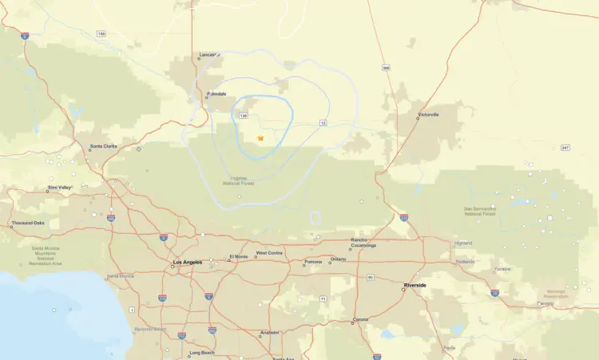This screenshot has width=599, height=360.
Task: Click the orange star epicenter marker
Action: pyautogui.click(x=260, y=138)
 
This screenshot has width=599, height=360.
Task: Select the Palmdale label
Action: pyautogui.click(x=216, y=93)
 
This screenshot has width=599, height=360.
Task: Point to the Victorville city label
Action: pyautogui.click(x=428, y=114)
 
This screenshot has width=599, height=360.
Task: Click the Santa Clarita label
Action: pyautogui.click(x=103, y=146)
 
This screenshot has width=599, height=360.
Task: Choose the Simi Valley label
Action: pyautogui.click(x=59, y=188)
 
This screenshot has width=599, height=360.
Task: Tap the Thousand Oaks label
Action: pyautogui.click(x=27, y=224)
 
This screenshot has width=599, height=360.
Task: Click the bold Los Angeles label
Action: pyautogui.click(x=188, y=262)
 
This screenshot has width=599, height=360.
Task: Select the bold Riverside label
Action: pyautogui.click(x=415, y=284)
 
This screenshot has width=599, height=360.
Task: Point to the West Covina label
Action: pyautogui.click(x=269, y=253)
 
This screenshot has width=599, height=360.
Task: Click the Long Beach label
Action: pyautogui.click(x=201, y=352)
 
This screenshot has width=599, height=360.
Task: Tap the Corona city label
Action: pyautogui.click(x=361, y=319)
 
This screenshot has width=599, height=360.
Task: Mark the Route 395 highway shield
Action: pyautogui.click(x=386, y=67)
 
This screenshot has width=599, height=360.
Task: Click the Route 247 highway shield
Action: pyautogui.click(x=565, y=147)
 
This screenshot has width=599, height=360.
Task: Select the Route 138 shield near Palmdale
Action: pyautogui.click(x=244, y=116)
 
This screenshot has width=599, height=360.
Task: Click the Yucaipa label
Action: pyautogui.click(x=502, y=269)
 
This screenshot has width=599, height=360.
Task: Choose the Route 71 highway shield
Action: pyautogui.click(x=322, y=299)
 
